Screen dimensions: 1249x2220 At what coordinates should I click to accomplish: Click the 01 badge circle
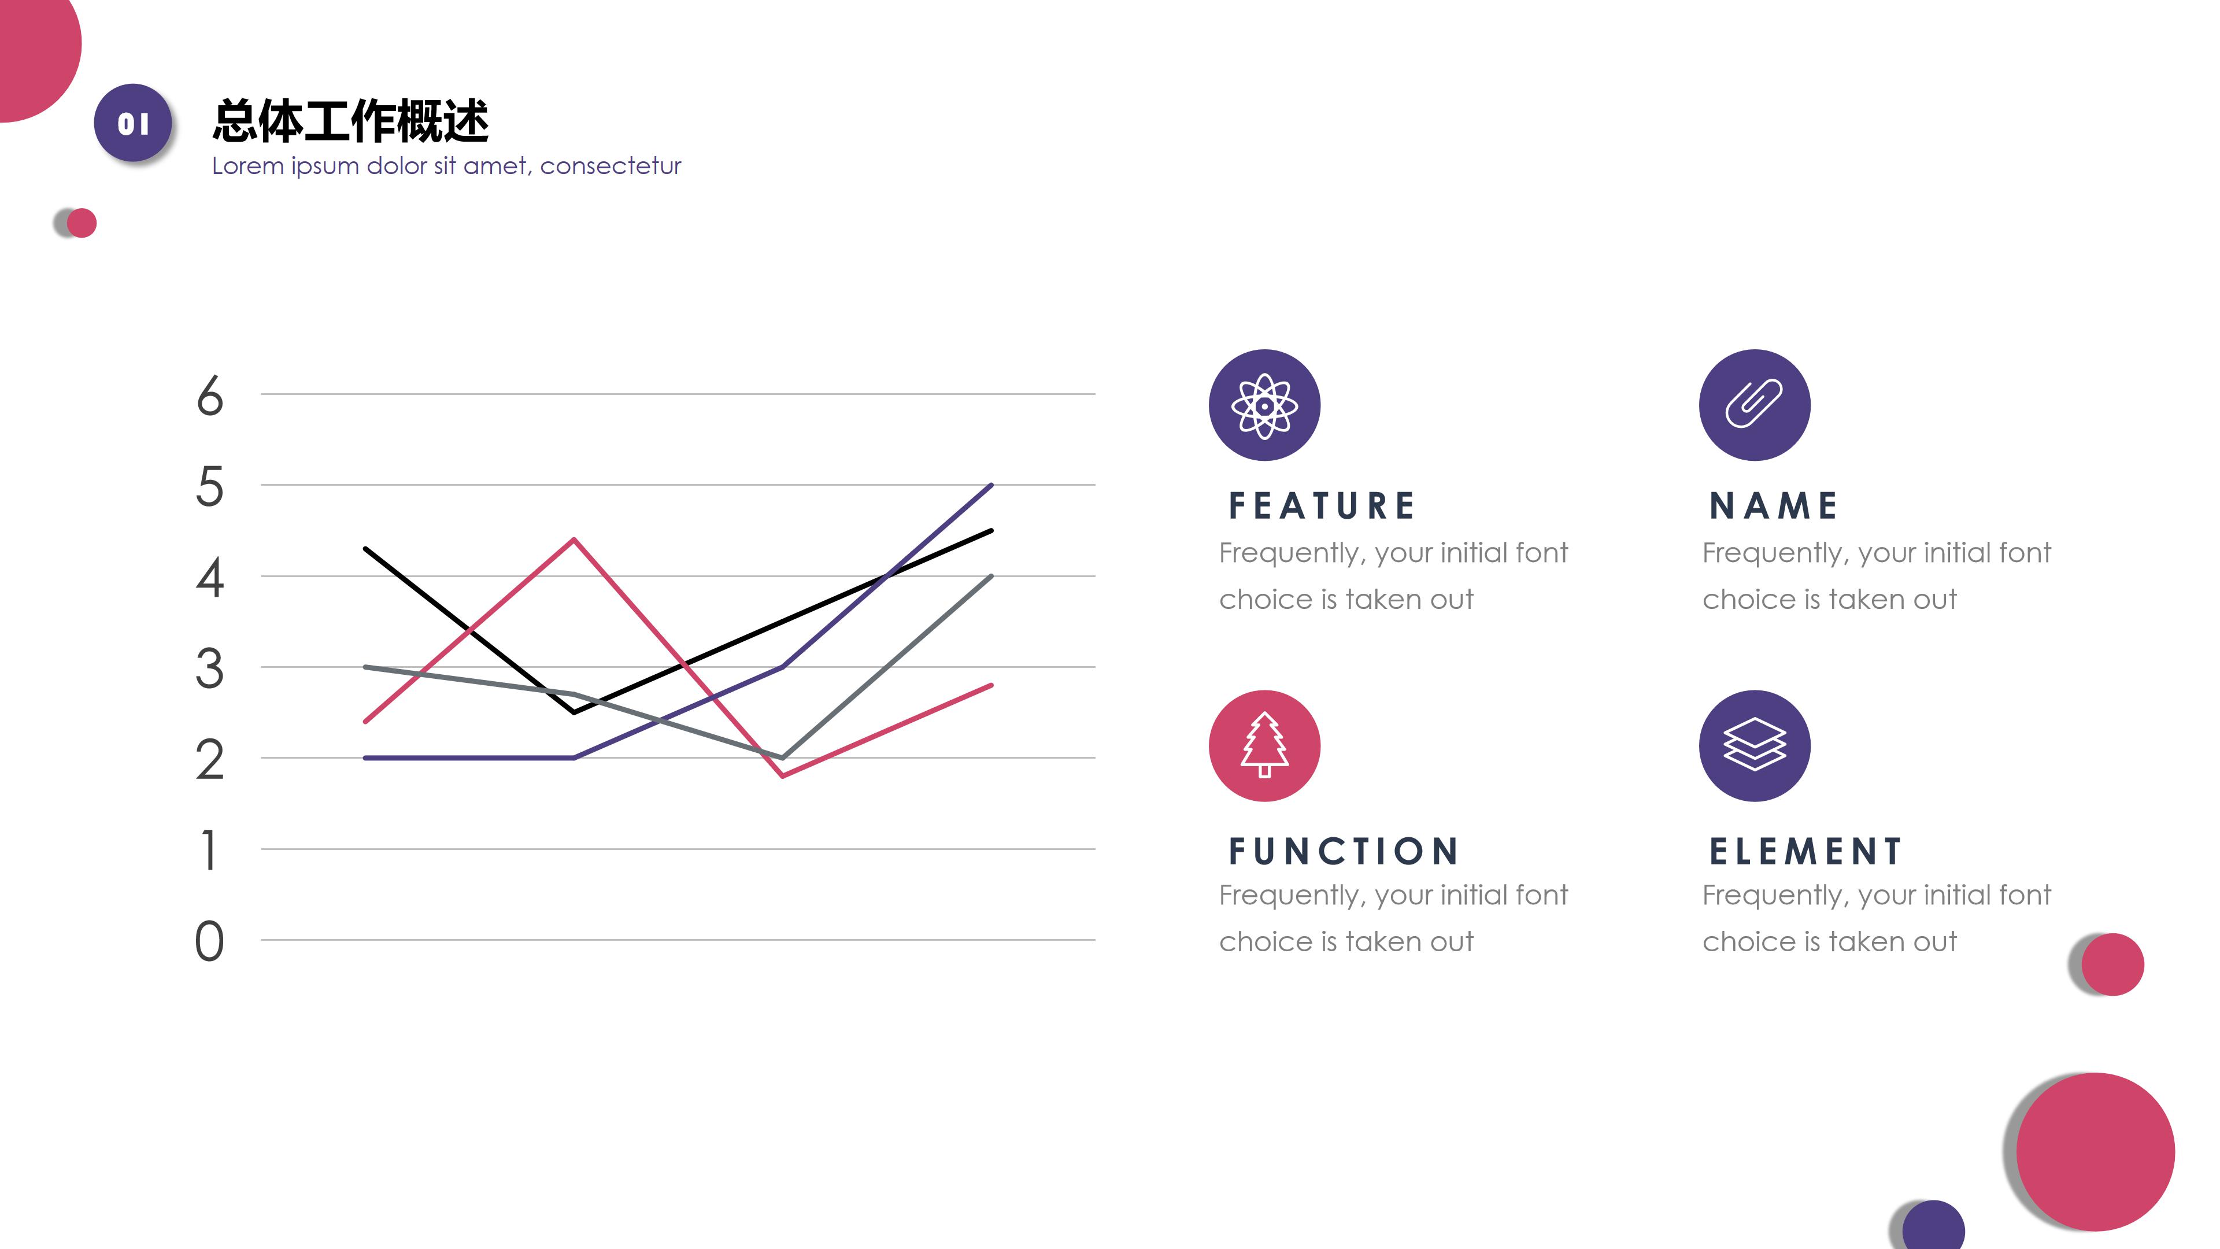coord(133,123)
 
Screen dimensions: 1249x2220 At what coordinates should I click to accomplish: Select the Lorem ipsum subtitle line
coord(446,165)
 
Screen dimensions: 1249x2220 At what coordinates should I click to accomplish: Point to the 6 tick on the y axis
coord(209,397)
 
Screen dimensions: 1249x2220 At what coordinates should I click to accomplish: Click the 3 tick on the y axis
coord(209,669)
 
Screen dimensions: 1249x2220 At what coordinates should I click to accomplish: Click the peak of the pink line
coord(574,541)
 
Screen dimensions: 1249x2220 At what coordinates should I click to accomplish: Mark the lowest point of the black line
coord(574,712)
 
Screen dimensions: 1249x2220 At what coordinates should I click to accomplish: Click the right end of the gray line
coord(991,576)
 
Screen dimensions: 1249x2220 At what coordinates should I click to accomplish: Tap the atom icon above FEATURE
coord(1264,405)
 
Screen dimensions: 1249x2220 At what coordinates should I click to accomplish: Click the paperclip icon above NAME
coord(1755,405)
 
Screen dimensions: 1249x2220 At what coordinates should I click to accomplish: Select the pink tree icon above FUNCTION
coord(1264,745)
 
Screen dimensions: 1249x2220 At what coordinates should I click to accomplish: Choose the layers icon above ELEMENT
coord(1755,745)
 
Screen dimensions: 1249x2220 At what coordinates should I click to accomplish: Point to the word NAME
coord(1774,506)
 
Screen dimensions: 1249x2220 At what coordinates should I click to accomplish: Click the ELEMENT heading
coord(1805,852)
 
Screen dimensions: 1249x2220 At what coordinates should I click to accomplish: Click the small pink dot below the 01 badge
coord(82,223)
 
